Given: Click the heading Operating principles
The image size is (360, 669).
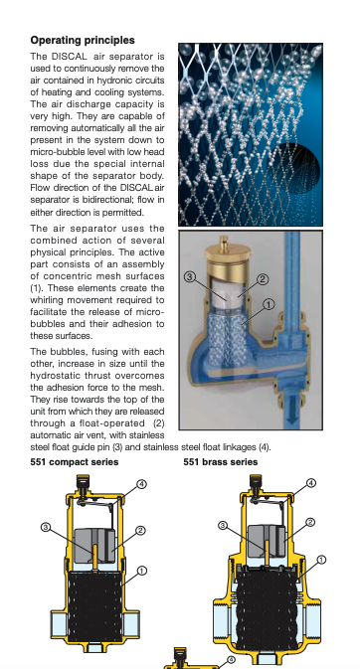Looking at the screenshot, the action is [83, 40].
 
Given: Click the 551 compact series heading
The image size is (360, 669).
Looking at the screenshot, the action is [75, 462].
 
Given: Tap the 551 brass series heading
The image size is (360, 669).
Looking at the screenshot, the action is [221, 462].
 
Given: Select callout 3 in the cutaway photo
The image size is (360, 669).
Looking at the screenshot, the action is [190, 277].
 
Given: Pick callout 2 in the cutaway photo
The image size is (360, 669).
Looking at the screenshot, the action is [263, 279].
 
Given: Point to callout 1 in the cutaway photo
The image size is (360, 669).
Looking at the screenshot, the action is [269, 304].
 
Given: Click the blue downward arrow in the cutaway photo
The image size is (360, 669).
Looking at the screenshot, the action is [292, 411].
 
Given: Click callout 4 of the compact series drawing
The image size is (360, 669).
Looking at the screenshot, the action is [142, 484].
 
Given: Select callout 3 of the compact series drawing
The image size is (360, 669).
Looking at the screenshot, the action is [46, 528].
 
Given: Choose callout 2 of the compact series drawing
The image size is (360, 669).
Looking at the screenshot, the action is [141, 531].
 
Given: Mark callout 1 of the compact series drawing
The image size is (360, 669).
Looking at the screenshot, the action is [142, 571].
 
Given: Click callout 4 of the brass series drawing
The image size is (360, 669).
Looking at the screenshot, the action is [311, 482].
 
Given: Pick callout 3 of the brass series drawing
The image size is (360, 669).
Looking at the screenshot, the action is [223, 525].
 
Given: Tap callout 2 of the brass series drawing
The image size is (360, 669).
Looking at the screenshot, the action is [310, 522].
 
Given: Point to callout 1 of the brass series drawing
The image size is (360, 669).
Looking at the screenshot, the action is [321, 560].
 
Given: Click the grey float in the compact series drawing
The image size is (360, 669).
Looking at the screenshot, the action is [94, 546].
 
